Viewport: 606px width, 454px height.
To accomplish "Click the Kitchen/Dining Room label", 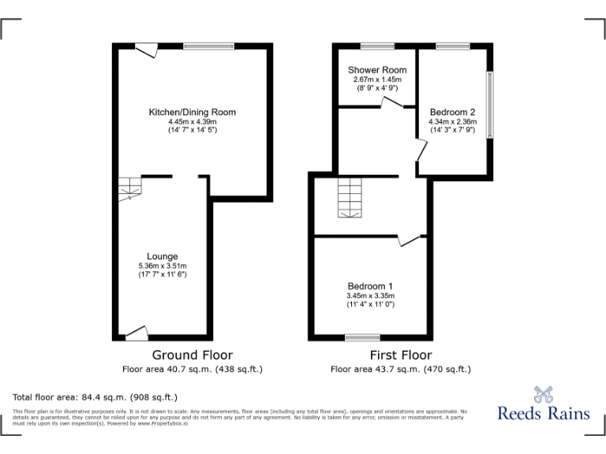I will pyautogui.click(x=192, y=113).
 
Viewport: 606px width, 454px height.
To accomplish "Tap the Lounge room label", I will pyautogui.click(x=162, y=256).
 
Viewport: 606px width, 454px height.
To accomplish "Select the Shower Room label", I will pyautogui.click(x=377, y=70).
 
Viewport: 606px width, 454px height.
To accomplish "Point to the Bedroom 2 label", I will pyautogui.click(x=452, y=112).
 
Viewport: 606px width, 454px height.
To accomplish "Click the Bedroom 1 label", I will pyautogui.click(x=370, y=286).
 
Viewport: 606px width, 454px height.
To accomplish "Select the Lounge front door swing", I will pyautogui.click(x=137, y=333).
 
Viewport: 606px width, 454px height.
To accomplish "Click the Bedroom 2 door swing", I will pyautogui.click(x=421, y=150).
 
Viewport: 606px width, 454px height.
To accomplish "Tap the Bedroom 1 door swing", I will pyautogui.click(x=409, y=240).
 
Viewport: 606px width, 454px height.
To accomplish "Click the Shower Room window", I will pyautogui.click(x=377, y=47).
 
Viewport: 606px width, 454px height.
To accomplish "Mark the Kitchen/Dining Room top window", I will pyautogui.click(x=209, y=47).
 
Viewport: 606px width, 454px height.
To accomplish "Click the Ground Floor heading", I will pyautogui.click(x=192, y=355).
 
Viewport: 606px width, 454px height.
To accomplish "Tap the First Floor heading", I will pyautogui.click(x=400, y=355).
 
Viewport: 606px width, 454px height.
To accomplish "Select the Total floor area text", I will pyautogui.click(x=95, y=396).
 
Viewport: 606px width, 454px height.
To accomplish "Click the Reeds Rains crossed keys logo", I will pyautogui.click(x=543, y=393).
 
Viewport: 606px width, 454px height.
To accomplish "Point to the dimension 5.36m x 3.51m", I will pyautogui.click(x=162, y=266).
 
